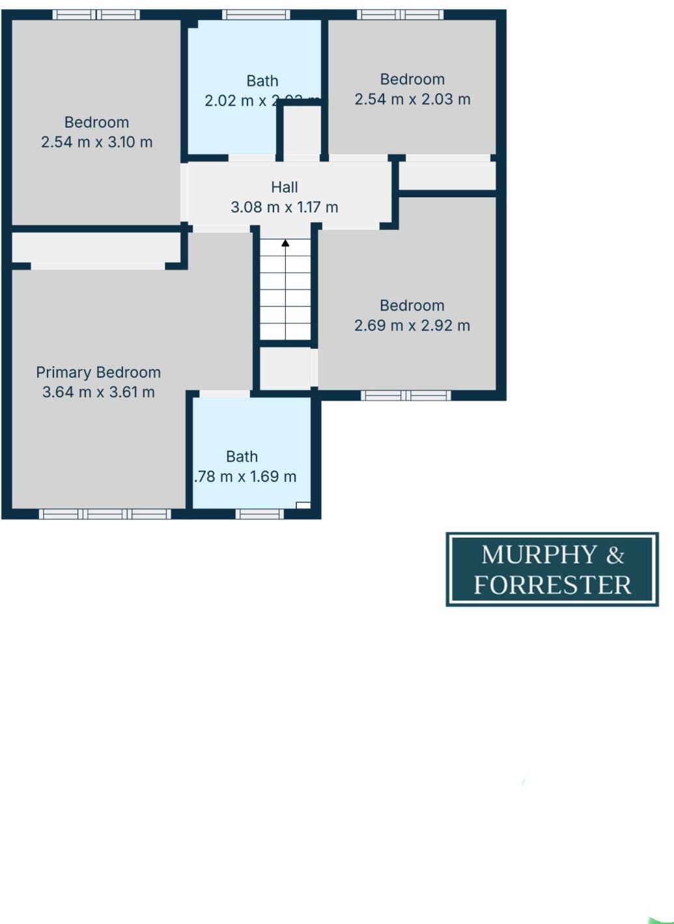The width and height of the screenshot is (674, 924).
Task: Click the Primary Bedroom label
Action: (x=98, y=372)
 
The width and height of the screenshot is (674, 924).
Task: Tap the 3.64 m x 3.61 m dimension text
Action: (x=98, y=392)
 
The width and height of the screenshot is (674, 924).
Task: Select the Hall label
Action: (x=285, y=188)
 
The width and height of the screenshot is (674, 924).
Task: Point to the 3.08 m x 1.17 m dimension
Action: (x=285, y=207)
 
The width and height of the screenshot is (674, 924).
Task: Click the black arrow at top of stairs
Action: (x=285, y=244)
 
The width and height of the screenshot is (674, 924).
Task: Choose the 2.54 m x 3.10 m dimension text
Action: (x=97, y=142)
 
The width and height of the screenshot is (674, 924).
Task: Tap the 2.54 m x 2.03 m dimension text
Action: (x=412, y=99)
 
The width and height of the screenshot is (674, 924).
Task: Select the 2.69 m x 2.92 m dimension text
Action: (x=412, y=326)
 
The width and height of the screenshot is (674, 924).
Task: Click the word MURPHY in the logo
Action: (x=539, y=555)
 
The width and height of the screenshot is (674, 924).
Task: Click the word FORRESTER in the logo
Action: (x=552, y=585)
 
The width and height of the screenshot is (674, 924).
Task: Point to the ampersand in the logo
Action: (x=615, y=555)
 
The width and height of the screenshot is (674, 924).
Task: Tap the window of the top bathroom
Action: (x=256, y=14)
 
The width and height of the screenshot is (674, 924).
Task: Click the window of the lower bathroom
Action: (x=259, y=514)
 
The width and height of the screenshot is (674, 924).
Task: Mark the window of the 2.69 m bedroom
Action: (x=406, y=395)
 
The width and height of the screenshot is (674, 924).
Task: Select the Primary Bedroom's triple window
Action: (x=105, y=514)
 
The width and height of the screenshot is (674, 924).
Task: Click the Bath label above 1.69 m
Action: (x=242, y=456)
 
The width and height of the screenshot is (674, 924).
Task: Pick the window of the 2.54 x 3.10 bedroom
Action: (x=96, y=14)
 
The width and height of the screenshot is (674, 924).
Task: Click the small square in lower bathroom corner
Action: (x=303, y=505)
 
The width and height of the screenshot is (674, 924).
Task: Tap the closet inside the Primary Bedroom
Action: (x=96, y=247)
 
